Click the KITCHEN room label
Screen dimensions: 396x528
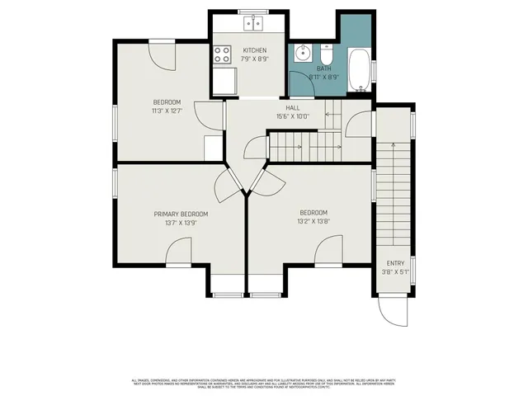pyautogui.click(x=254, y=50)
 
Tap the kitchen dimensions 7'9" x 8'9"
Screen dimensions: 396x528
pyautogui.click(x=254, y=59)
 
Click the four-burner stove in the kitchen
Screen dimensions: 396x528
pyautogui.click(x=222, y=54)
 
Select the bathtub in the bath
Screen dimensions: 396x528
pyautogui.click(x=360, y=71)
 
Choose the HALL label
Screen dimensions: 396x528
pyautogui.click(x=293, y=108)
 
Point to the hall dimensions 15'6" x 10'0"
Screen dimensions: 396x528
pyautogui.click(x=293, y=116)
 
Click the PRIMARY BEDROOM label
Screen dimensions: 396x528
pyautogui.click(x=181, y=214)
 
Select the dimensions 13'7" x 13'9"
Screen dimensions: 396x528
pyautogui.click(x=181, y=222)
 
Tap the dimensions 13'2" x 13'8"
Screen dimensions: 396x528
pyautogui.click(x=313, y=220)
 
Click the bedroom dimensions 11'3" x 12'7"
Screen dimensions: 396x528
pyautogui.click(x=166, y=111)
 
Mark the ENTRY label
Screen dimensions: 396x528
pyautogui.click(x=395, y=263)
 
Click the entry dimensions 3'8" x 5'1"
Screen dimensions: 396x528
pyautogui.click(x=395, y=271)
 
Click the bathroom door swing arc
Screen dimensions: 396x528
pyautogui.click(x=356, y=124)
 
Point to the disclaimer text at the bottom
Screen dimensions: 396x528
pyautogui.click(x=264, y=383)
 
